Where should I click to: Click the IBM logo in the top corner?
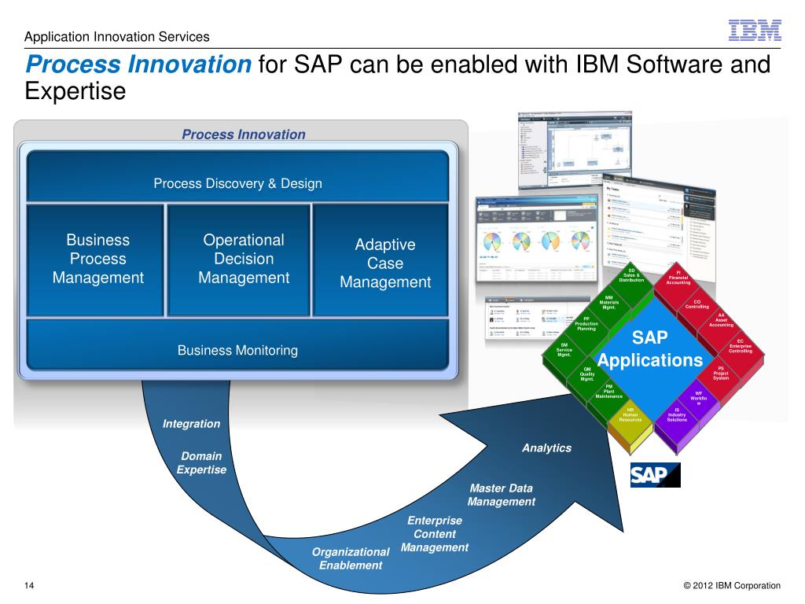click(x=755, y=30)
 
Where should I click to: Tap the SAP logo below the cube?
click(x=655, y=475)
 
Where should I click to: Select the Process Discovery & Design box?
click(x=237, y=183)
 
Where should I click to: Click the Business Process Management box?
click(x=98, y=259)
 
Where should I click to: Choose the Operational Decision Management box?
click(x=244, y=259)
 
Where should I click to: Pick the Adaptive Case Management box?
click(x=385, y=263)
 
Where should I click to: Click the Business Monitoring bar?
click(x=237, y=351)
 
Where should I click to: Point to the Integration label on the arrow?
click(x=191, y=424)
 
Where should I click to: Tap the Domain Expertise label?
click(x=201, y=462)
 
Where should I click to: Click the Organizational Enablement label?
click(x=351, y=558)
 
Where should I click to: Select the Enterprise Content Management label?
click(x=435, y=534)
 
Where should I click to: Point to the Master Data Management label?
click(x=502, y=495)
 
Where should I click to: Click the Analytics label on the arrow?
click(x=546, y=447)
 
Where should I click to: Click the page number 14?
click(x=29, y=585)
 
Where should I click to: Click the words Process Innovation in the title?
click(x=138, y=64)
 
